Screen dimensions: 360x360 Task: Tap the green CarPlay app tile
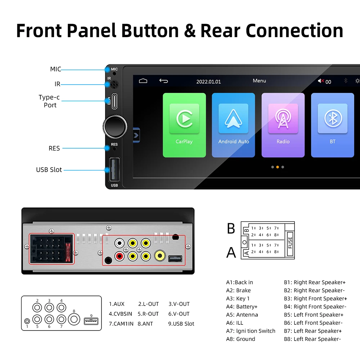[184, 125]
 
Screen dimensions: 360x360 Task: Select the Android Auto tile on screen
[233, 125]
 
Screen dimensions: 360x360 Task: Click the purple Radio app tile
[283, 125]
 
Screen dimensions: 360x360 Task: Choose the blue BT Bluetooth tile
[332, 125]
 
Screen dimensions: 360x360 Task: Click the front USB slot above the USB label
[114, 170]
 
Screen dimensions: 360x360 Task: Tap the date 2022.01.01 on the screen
[208, 82]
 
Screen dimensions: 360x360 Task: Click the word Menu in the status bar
[259, 81]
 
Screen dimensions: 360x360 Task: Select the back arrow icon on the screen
[163, 81]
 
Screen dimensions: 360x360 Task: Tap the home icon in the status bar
[143, 81]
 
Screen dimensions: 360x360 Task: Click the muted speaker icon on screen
[321, 81]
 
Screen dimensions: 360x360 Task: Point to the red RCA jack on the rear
[119, 256]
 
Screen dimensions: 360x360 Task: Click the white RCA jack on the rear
[119, 243]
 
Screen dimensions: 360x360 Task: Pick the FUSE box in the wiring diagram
[289, 240]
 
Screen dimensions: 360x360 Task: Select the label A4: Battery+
[242, 307]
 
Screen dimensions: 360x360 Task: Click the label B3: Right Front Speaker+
[315, 298]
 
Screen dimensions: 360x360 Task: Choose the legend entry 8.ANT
[145, 324]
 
